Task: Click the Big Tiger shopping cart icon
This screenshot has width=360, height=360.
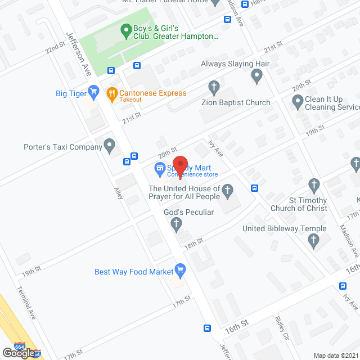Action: [94, 91]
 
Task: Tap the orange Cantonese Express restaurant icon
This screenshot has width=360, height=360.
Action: [111, 93]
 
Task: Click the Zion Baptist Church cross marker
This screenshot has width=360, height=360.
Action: [214, 87]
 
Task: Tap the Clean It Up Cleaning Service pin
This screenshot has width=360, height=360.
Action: [298, 102]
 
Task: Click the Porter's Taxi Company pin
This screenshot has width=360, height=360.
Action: [110, 147]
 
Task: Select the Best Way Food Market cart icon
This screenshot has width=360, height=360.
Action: [180, 271]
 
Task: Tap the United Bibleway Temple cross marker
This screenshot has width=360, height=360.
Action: [314, 241]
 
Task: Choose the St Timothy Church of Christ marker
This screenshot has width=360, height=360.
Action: [314, 185]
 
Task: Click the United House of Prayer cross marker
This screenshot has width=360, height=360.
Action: [227, 192]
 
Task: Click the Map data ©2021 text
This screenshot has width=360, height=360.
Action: [336, 355]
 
